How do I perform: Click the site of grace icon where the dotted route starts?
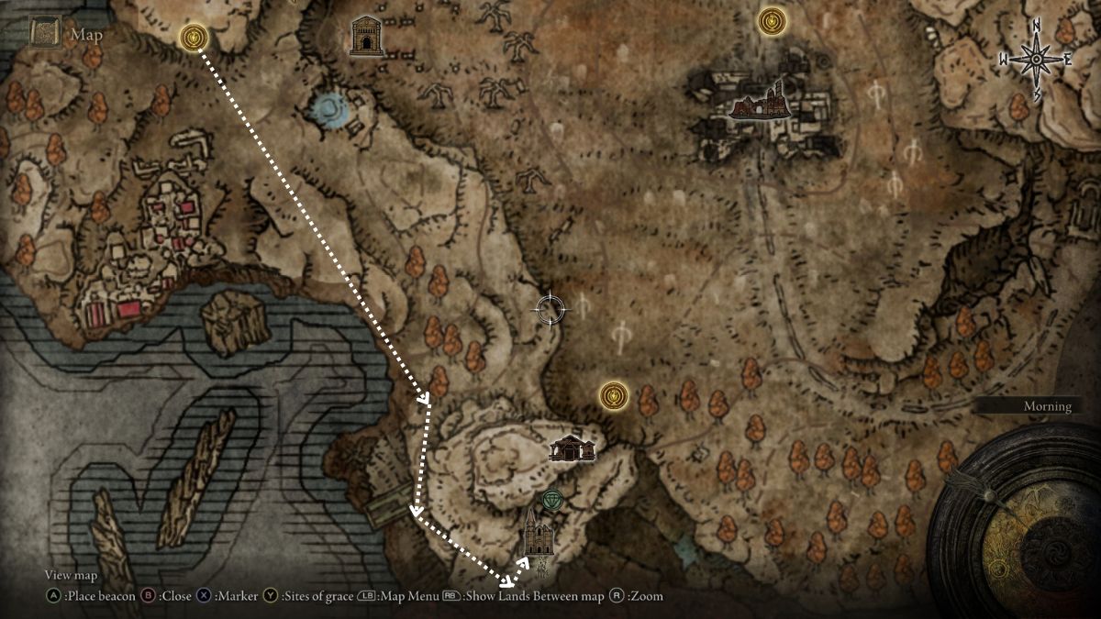point(194,38)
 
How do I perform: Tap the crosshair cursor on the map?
point(550,309)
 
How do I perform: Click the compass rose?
point(1036,60)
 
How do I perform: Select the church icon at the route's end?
point(538,534)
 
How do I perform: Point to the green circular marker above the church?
point(550,500)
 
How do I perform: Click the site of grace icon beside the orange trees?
point(613,396)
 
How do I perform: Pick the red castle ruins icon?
point(760,103)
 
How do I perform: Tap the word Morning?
point(1047,406)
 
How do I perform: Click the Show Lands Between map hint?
point(533,596)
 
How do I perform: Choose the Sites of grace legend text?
point(317,596)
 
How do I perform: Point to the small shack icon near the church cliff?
point(572,448)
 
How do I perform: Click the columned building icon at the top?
point(366,36)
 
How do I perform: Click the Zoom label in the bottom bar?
point(645,596)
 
